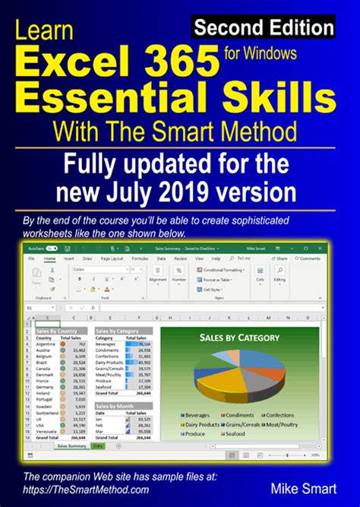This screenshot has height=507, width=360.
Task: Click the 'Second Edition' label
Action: pos(263,28)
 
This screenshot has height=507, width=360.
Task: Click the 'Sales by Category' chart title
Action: pos(238,337)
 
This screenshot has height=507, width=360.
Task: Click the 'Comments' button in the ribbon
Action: pos(308,258)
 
